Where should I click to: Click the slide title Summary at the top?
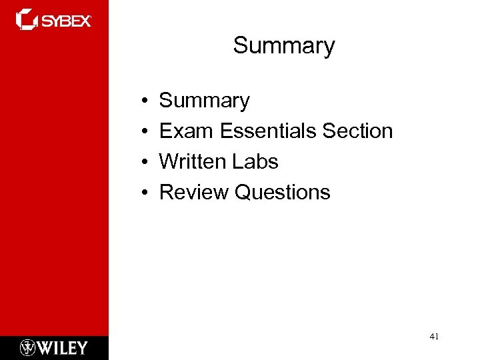[284, 46]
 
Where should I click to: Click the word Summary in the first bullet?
[205, 101]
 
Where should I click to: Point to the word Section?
[357, 131]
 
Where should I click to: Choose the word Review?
[194, 193]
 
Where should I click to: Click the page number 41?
[434, 337]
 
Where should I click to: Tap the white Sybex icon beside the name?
[27, 19]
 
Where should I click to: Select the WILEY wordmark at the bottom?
[63, 347]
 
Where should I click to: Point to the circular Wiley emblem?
[28, 347]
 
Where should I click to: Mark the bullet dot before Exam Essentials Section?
[144, 132]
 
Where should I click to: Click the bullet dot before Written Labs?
[144, 163]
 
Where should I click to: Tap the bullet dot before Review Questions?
[144, 193]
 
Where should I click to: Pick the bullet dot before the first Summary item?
[144, 101]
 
